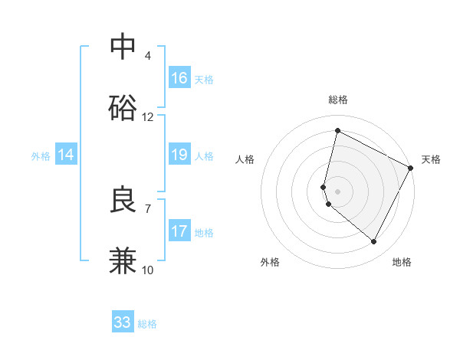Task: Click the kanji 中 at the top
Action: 123,47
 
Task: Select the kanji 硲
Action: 123,107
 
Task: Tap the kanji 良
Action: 123,200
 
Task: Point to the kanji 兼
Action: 123,260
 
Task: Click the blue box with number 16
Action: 179,78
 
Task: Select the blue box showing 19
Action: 179,155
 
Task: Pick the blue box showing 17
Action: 179,231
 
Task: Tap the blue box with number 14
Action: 66,155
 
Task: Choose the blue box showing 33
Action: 123,322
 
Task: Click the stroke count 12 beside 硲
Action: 148,117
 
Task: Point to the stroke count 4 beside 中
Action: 148,56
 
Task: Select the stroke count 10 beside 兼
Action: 148,270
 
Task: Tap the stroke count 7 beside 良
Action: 148,208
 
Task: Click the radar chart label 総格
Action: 338,100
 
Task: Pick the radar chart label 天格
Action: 431,159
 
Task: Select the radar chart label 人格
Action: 245,159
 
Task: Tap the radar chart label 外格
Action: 270,262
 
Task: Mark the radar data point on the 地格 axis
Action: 374,242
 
